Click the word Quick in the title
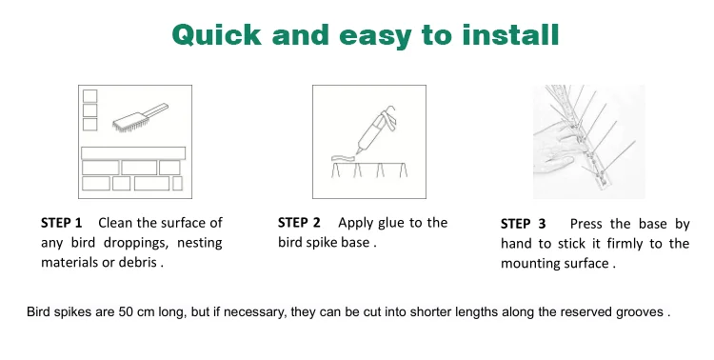pos(217,35)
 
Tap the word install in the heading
pos(510,34)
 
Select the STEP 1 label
pos(62,223)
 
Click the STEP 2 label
pos(299,222)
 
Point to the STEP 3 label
pos(524,224)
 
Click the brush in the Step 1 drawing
pos(140,117)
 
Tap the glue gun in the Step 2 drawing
pos(375,129)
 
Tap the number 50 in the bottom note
pos(126,311)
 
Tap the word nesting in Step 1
pos(200,243)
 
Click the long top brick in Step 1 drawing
pos(133,152)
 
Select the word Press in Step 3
pos(586,224)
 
